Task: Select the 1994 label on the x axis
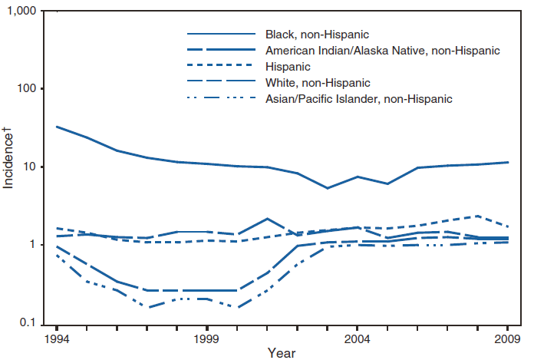pyautogui.click(x=56, y=338)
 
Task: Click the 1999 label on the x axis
pyautogui.click(x=206, y=338)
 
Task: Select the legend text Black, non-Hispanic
pyautogui.click(x=317, y=35)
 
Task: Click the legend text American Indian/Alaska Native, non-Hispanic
pyautogui.click(x=383, y=51)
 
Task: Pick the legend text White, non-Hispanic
pyautogui.click(x=318, y=83)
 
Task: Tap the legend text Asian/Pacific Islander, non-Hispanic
pyautogui.click(x=358, y=99)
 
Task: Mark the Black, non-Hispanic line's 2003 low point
pyautogui.click(x=327, y=188)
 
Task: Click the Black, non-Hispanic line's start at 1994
pyautogui.click(x=57, y=127)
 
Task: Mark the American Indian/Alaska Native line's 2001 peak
pyautogui.click(x=266, y=219)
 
